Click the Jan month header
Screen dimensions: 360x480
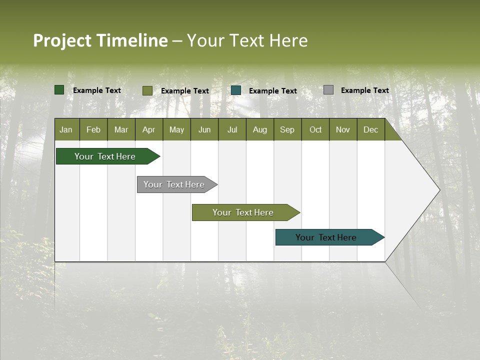point(66,129)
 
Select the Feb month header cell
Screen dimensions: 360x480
point(93,129)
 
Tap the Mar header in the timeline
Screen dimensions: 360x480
point(121,129)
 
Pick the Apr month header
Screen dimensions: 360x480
point(149,129)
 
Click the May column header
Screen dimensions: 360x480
point(176,129)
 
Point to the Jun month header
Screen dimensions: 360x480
point(204,129)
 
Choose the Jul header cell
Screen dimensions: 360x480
point(232,129)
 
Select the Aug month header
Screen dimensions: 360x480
point(260,129)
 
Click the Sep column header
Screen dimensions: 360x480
point(287,129)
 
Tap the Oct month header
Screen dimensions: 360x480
point(315,129)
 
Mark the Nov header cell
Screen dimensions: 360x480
point(343,129)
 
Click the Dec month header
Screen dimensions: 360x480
point(371,129)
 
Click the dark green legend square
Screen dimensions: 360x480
point(59,90)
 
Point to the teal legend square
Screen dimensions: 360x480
point(236,90)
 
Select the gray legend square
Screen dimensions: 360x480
point(328,90)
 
